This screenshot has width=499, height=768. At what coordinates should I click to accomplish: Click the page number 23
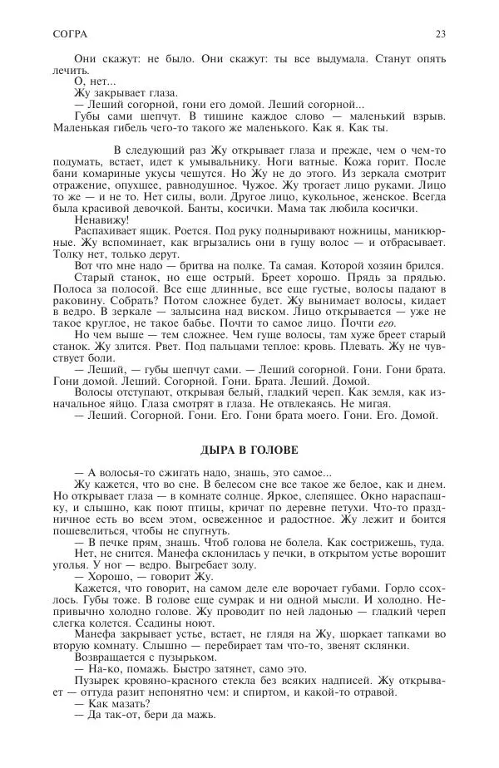440,34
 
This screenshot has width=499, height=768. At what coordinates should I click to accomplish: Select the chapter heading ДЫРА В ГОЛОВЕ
248,450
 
